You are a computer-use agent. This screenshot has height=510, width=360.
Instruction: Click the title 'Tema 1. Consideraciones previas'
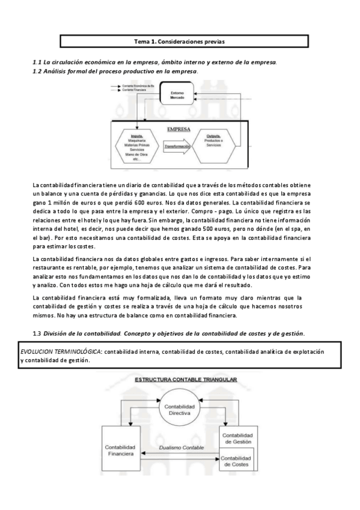click(180, 41)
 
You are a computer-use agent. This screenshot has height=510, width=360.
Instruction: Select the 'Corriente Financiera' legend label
click(134, 90)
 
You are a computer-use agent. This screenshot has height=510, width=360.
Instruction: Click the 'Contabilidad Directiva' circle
click(179, 414)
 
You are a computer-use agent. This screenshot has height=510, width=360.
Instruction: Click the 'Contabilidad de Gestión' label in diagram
click(239, 438)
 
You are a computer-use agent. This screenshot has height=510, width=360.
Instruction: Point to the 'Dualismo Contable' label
click(178, 447)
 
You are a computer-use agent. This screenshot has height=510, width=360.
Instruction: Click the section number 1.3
click(36, 333)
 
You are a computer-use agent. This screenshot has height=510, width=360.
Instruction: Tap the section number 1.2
click(36, 72)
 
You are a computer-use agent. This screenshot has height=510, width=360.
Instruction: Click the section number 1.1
click(36, 63)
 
